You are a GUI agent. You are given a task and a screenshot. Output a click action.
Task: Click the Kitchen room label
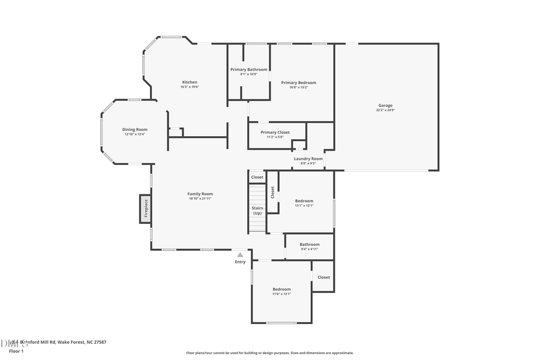(x=190, y=82)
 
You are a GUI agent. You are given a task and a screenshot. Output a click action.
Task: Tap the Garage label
(x=385, y=105)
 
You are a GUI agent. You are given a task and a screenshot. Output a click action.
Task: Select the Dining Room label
(x=135, y=130)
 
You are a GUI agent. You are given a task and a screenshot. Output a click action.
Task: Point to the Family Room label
(x=200, y=194)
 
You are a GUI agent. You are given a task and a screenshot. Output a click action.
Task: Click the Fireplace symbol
(x=145, y=209)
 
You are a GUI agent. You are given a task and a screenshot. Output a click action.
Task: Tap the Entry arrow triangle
(x=240, y=255)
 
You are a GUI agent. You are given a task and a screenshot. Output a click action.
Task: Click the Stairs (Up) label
(x=257, y=211)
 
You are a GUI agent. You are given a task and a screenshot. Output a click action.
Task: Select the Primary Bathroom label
(x=249, y=70)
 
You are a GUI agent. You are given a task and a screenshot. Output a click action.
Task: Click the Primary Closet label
(x=275, y=132)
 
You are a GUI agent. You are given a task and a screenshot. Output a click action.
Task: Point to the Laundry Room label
(x=308, y=158)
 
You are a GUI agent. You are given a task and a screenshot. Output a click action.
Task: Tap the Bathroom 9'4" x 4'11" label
(x=310, y=244)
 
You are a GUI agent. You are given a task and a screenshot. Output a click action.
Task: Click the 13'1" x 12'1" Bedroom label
(x=304, y=201)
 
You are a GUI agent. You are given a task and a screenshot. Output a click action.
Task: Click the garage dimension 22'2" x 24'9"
(x=385, y=110)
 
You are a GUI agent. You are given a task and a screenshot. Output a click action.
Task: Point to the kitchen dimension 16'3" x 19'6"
(x=190, y=87)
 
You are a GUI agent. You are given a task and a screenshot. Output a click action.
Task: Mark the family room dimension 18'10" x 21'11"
(x=200, y=199)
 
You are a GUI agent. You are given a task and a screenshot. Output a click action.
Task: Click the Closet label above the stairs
(x=257, y=177)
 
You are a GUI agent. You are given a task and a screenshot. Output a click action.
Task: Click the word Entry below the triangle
(x=240, y=262)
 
